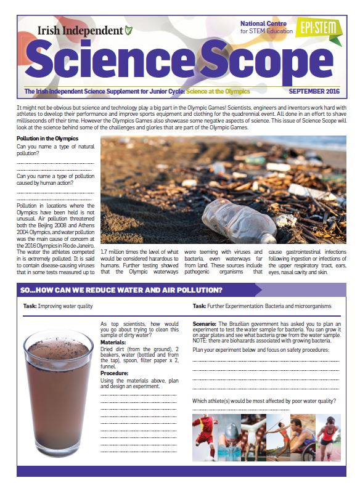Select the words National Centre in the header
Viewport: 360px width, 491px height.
pos(263,23)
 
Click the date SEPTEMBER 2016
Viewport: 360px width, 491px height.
pos(314,91)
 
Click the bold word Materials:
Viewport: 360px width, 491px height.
pos(113,343)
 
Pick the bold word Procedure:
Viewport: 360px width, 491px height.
pos(114,373)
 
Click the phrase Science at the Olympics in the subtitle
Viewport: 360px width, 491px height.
pos(218,91)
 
